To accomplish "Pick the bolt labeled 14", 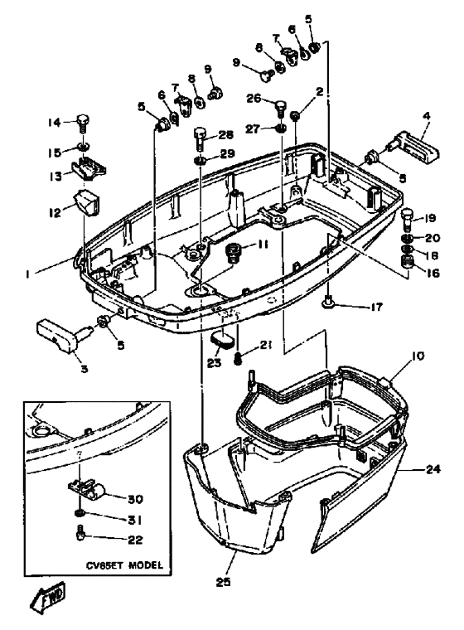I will pyautogui.click(x=83, y=124).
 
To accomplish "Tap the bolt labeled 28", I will pyautogui.click(x=201, y=135).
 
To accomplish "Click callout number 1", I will pyautogui.click(x=31, y=270).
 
